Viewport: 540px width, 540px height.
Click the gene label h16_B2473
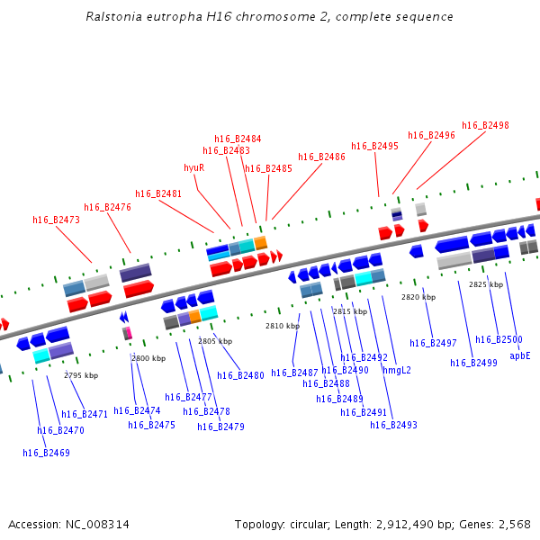pyautogui.click(x=56, y=220)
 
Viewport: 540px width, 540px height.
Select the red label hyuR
pyautogui.click(x=193, y=167)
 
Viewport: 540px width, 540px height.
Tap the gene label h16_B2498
pyautogui.click(x=485, y=125)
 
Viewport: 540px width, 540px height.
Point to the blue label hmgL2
pyautogui.click(x=396, y=370)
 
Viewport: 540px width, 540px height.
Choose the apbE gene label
pyautogui.click(x=520, y=355)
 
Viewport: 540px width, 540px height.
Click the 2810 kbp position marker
pyautogui.click(x=282, y=326)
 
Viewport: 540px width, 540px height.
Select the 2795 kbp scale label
pyautogui.click(x=81, y=375)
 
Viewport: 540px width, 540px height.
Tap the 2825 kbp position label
pyautogui.click(x=485, y=284)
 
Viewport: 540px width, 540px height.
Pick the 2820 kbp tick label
pyautogui.click(x=418, y=297)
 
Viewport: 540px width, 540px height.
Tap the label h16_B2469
pyautogui.click(x=46, y=453)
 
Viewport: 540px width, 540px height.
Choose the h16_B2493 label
pyautogui.click(x=393, y=425)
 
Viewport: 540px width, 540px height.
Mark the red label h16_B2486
pyautogui.click(x=321, y=157)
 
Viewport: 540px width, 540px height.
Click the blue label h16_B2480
pyautogui.click(x=240, y=375)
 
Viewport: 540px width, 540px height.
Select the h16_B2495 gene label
pyautogui.click(x=374, y=146)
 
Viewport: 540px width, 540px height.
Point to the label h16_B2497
pyautogui.click(x=433, y=343)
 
